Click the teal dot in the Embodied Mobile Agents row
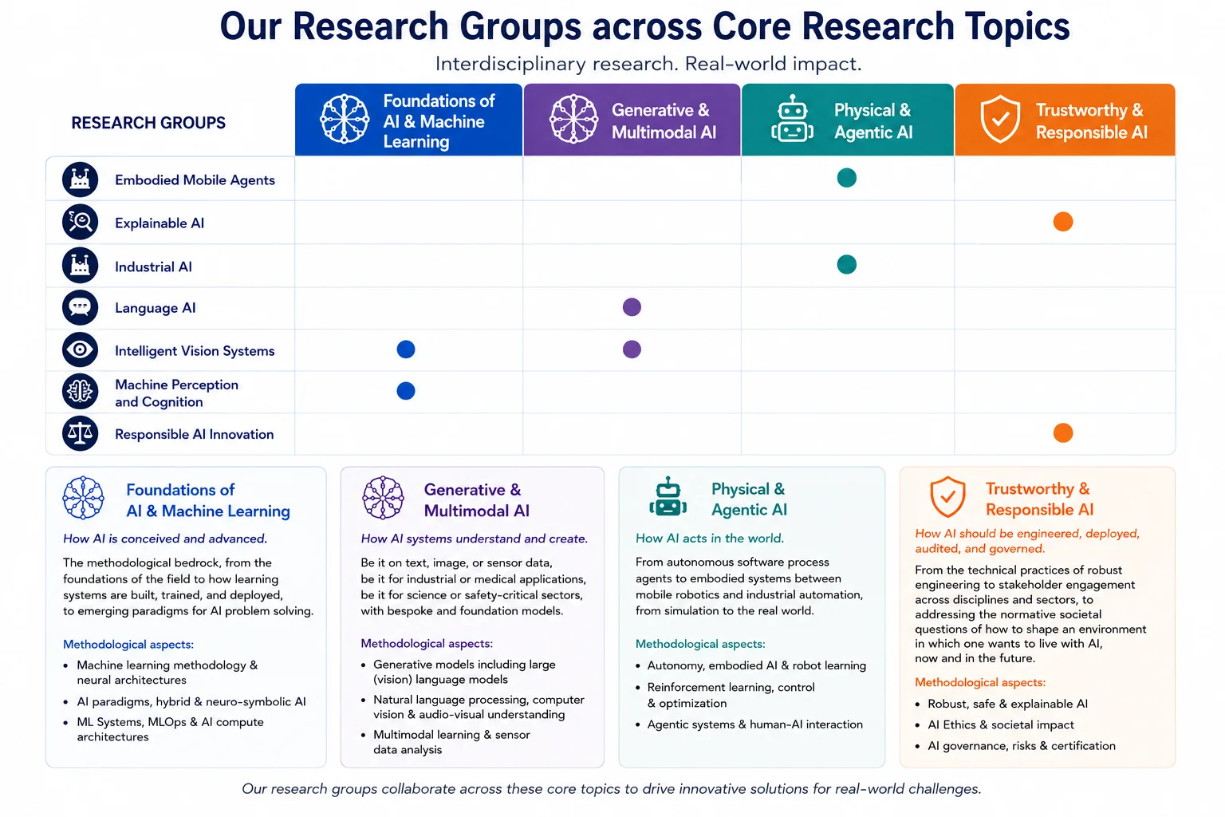(846, 178)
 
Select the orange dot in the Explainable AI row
(1063, 222)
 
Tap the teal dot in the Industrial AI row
(846, 265)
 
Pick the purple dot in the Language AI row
(632, 307)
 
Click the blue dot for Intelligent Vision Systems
(406, 349)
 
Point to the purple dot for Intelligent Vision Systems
(632, 349)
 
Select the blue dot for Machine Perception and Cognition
(406, 391)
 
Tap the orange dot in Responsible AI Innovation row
(1063, 433)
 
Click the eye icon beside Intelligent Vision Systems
(80, 349)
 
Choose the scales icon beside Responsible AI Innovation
(80, 433)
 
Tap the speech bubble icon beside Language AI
(80, 307)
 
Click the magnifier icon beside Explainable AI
(80, 222)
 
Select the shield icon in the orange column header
(999, 119)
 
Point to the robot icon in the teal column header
(792, 119)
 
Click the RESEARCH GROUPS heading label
(148, 123)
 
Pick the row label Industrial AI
(153, 266)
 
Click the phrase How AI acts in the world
(709, 539)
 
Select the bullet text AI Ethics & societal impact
(1001, 725)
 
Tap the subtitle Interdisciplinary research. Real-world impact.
(648, 64)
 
